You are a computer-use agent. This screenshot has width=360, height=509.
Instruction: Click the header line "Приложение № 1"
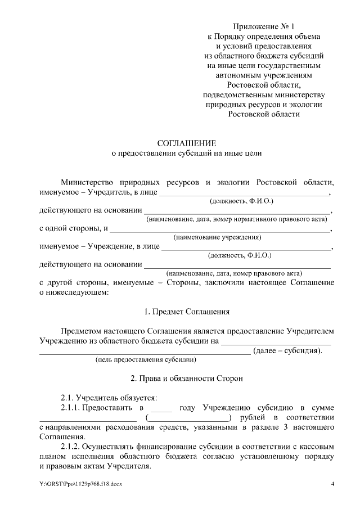point(264,26)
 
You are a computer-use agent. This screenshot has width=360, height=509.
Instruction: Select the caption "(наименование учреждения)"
point(217,237)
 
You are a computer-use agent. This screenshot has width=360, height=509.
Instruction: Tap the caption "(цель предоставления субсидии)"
point(146,360)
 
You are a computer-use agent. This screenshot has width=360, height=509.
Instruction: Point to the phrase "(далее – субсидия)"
point(288,352)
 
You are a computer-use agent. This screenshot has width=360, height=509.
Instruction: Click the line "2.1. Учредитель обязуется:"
point(105,397)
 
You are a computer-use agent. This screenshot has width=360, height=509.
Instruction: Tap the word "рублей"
point(253,417)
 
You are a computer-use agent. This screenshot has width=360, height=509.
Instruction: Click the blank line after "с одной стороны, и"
point(219,230)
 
